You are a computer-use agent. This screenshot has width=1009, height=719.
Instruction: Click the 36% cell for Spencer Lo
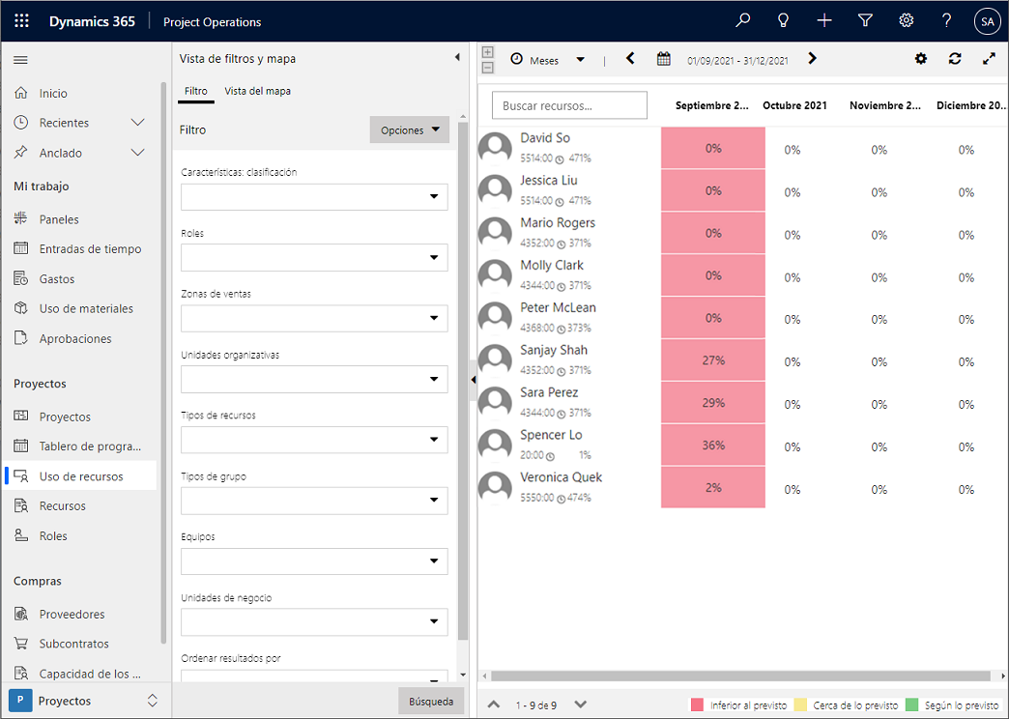[713, 446]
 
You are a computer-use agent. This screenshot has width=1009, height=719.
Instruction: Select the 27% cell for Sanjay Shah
[713, 360]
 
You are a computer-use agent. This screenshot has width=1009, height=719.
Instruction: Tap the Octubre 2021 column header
[794, 105]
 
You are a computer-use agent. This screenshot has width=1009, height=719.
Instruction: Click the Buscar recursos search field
[569, 105]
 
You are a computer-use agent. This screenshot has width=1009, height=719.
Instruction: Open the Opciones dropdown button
[410, 130]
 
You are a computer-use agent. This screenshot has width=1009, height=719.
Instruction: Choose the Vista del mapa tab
[257, 91]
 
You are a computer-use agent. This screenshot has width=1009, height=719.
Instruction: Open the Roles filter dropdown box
[314, 257]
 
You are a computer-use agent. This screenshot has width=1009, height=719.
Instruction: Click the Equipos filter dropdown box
[314, 561]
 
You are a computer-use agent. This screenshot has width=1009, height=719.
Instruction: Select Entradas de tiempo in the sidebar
[90, 249]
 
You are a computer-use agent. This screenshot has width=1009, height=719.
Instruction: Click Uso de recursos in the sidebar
[81, 476]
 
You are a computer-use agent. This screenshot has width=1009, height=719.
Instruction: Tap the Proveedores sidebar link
[72, 614]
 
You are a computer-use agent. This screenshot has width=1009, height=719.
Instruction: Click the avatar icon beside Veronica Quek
[496, 488]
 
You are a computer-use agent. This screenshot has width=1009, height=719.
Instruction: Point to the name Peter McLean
[558, 307]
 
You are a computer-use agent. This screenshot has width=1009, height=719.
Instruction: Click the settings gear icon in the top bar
[906, 20]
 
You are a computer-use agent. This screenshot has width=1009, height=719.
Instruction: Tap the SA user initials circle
[987, 20]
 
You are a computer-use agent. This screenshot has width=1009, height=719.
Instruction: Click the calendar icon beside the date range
[664, 59]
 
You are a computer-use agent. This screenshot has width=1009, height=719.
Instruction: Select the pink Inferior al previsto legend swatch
[696, 705]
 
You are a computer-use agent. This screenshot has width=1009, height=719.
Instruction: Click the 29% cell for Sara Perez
[713, 403]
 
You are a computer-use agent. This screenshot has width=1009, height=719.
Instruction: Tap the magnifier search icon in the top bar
[742, 20]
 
